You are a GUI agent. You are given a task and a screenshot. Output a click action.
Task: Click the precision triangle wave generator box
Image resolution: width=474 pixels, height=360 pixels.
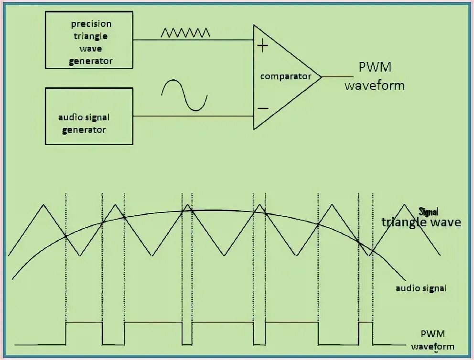click(89, 40)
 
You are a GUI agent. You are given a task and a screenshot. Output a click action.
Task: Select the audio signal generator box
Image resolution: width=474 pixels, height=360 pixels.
click(89, 116)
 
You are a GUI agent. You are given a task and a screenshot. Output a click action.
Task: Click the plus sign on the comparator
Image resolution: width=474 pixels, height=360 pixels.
click(262, 46)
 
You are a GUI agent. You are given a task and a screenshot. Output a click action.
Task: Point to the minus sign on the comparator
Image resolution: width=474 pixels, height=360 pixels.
click(262, 108)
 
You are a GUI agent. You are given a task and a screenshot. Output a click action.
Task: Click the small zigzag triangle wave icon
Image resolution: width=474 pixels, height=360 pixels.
click(185, 32)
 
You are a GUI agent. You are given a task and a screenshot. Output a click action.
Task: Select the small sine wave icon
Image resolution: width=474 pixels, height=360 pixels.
click(184, 95)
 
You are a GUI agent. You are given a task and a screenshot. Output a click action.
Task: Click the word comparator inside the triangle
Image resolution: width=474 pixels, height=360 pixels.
click(285, 76)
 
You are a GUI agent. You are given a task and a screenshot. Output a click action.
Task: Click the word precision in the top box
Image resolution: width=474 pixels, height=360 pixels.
click(91, 24)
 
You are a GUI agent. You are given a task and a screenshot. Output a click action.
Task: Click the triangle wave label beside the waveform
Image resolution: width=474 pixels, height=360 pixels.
click(421, 222)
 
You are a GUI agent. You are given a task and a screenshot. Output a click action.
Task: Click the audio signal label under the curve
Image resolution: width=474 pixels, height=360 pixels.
click(421, 288)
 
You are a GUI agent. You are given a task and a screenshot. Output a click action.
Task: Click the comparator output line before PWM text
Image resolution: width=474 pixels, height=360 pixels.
click(337, 76)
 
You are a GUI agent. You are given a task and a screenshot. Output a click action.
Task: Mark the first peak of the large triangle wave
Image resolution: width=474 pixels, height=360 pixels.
click(43, 205)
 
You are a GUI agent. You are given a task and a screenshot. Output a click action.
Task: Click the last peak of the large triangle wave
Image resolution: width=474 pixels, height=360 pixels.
click(405, 205)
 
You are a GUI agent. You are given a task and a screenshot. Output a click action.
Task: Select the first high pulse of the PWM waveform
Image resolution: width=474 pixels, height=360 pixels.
click(84, 323)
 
